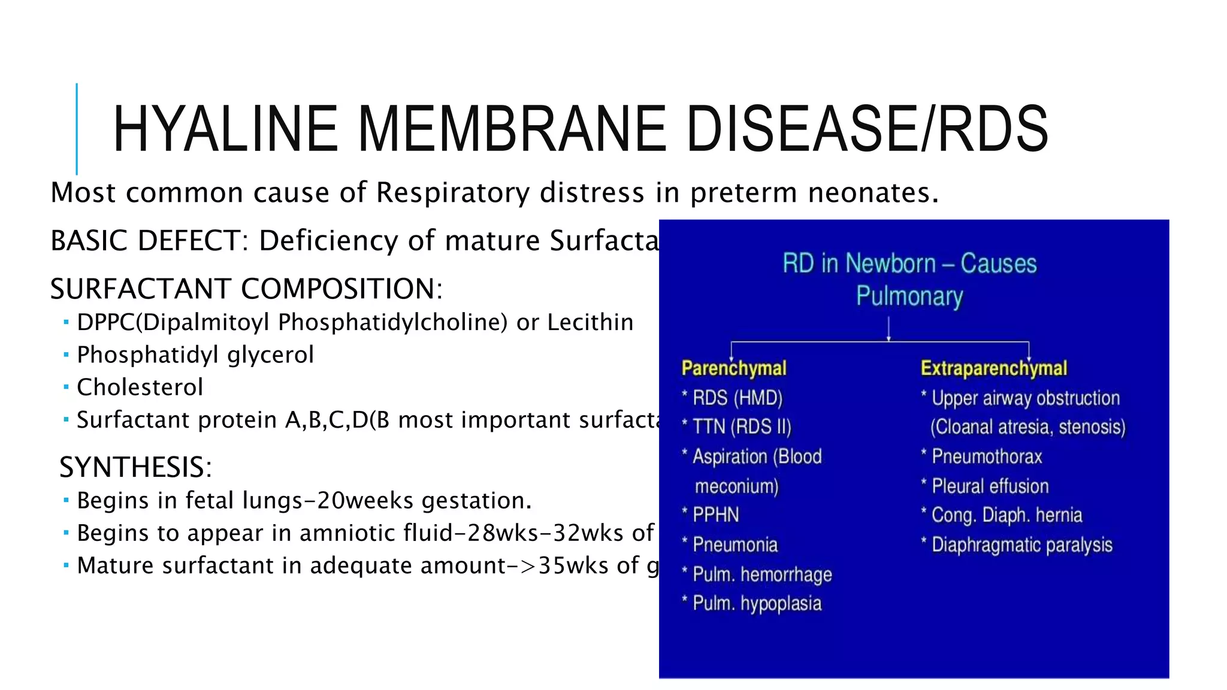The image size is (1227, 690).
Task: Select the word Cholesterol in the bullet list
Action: pyautogui.click(x=140, y=388)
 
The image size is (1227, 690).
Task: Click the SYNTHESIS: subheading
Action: pyautogui.click(x=136, y=467)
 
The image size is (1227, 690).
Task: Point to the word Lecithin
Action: pyautogui.click(x=590, y=322)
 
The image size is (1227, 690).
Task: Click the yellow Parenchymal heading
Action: pyautogui.click(x=734, y=368)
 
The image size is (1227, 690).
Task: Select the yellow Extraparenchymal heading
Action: pyautogui.click(x=994, y=368)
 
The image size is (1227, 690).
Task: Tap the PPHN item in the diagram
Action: pyautogui.click(x=716, y=515)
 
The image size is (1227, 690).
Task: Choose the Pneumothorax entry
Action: pyautogui.click(x=987, y=456)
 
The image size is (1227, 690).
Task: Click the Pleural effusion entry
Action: pyautogui.click(x=990, y=486)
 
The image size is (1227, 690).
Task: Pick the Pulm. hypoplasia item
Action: pyautogui.click(x=757, y=603)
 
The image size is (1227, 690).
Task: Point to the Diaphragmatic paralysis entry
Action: pyautogui.click(x=1022, y=544)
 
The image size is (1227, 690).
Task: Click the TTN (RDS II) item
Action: pyautogui.click(x=742, y=426)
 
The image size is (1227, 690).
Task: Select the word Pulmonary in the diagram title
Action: pyautogui.click(x=909, y=296)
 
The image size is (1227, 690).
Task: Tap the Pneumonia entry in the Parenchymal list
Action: pyautogui.click(x=735, y=544)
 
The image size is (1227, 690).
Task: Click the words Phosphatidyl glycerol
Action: pyautogui.click(x=195, y=355)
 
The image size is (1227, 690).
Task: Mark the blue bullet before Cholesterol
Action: pyautogui.click(x=66, y=387)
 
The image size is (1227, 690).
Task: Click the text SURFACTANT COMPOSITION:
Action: pyautogui.click(x=246, y=289)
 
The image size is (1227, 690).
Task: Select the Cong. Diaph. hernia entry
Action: pyautogui.click(x=1007, y=515)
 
